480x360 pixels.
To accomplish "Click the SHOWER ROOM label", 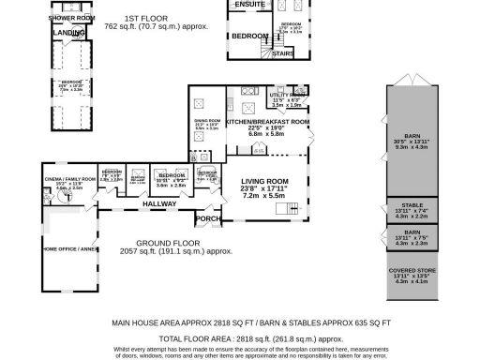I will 72,18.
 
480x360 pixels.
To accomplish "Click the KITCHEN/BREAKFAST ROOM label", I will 267,122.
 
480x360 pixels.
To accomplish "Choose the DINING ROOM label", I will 206,122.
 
